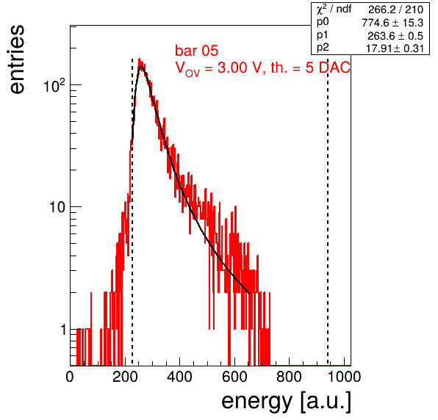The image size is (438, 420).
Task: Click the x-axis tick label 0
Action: (x=70, y=377)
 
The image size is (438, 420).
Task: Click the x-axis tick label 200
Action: (x=125, y=377)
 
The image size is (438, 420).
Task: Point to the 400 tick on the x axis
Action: (x=179, y=377)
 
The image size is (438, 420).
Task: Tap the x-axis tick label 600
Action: (x=234, y=377)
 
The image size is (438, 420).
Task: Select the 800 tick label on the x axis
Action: (x=289, y=377)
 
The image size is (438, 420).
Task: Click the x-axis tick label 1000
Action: (x=344, y=377)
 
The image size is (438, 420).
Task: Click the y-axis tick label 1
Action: (x=64, y=330)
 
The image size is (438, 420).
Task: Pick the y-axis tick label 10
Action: (x=57, y=207)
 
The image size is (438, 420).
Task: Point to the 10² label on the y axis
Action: (x=54, y=85)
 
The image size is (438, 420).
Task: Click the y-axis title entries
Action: (x=17, y=59)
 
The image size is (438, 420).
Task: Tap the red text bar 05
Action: (x=196, y=51)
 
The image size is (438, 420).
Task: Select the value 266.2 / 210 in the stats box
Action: (x=395, y=10)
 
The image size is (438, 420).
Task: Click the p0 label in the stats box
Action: (x=323, y=22)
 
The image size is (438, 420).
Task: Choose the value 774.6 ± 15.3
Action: (x=392, y=23)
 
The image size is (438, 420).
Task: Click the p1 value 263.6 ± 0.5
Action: (x=395, y=36)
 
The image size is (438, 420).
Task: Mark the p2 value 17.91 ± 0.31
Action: (x=395, y=48)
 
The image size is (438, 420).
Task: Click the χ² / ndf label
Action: (x=334, y=10)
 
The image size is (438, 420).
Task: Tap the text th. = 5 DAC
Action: (x=310, y=68)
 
